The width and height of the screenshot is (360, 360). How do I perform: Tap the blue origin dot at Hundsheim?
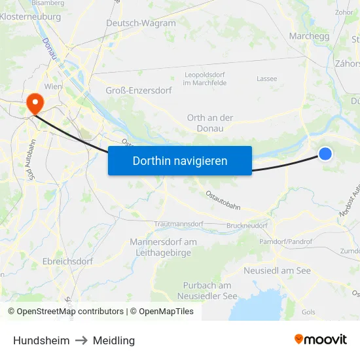pyautogui.click(x=325, y=154)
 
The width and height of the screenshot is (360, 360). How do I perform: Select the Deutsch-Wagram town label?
pyautogui.click(x=141, y=23)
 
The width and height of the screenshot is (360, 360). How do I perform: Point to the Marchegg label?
pyautogui.click(x=309, y=36)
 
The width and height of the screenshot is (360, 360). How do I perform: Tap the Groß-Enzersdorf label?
pyautogui.click(x=139, y=90)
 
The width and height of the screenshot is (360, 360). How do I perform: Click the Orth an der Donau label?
pyautogui.click(x=209, y=123)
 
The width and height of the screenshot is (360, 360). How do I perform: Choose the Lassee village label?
pyautogui.click(x=266, y=79)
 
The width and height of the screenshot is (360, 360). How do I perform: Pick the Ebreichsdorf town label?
pyautogui.click(x=67, y=261)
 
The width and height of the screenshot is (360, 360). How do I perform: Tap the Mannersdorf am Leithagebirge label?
pyautogui.click(x=163, y=247)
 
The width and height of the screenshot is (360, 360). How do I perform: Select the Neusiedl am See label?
pyautogui.click(x=277, y=270)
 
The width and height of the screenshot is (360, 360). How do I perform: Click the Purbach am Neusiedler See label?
pyautogui.click(x=207, y=291)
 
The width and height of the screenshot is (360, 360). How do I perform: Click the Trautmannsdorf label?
pyautogui.click(x=179, y=224)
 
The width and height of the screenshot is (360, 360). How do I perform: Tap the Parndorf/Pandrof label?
pyautogui.click(x=286, y=242)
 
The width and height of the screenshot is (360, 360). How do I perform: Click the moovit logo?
pyautogui.click(x=320, y=339)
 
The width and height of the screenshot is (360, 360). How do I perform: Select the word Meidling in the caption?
pyautogui.click(x=114, y=340)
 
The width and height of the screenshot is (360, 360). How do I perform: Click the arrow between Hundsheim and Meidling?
pyautogui.click(x=81, y=340)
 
